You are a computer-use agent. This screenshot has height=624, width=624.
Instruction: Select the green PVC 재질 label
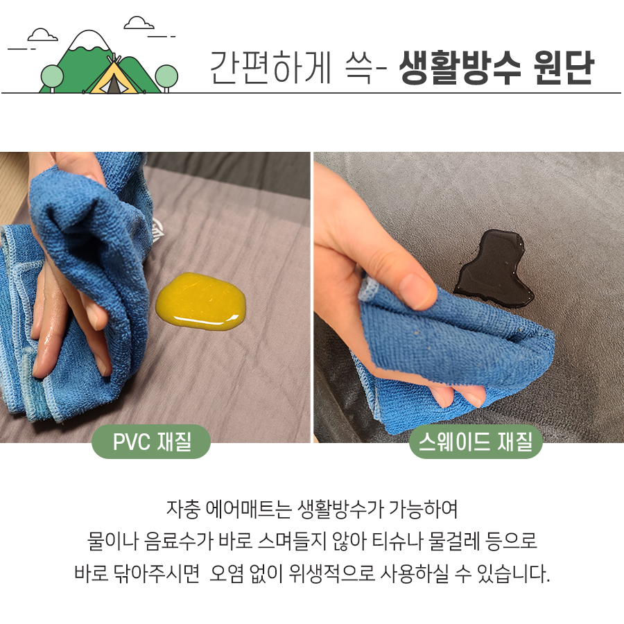[x=151, y=441]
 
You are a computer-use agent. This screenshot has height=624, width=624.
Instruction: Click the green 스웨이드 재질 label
[x=475, y=441]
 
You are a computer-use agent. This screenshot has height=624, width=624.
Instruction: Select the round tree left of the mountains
[x=51, y=75]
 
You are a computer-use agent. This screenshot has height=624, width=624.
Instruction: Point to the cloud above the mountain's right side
[x=139, y=22]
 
